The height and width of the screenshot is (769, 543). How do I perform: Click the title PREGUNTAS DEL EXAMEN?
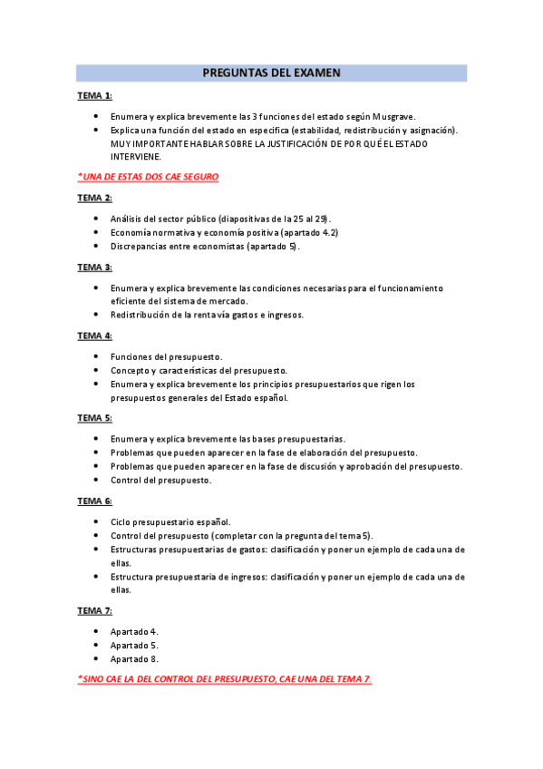[x=271, y=73]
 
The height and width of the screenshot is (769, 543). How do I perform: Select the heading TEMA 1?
[x=94, y=95]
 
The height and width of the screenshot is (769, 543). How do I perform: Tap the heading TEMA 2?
[x=94, y=198]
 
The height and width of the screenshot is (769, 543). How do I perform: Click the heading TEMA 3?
[x=94, y=267]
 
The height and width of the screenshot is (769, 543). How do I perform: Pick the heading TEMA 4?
[x=94, y=336]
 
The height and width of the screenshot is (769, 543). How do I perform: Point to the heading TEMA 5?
[x=94, y=417]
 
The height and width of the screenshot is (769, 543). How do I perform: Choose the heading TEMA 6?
[x=94, y=501]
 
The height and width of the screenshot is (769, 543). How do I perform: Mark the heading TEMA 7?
[x=94, y=610]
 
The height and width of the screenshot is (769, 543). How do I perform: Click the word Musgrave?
[x=392, y=117]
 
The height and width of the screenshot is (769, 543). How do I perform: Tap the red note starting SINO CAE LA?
[x=225, y=679]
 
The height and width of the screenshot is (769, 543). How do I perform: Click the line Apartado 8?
[x=135, y=659]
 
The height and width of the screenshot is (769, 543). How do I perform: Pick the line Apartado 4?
[x=135, y=631]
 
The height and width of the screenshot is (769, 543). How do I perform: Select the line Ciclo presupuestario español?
[x=170, y=521]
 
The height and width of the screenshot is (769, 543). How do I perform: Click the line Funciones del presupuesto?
[x=166, y=356]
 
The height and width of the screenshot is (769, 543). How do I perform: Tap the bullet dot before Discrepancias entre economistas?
[x=97, y=246]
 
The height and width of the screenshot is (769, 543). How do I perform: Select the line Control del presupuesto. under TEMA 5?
[x=160, y=480]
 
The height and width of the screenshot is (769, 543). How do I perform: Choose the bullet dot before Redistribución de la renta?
[x=97, y=315]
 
